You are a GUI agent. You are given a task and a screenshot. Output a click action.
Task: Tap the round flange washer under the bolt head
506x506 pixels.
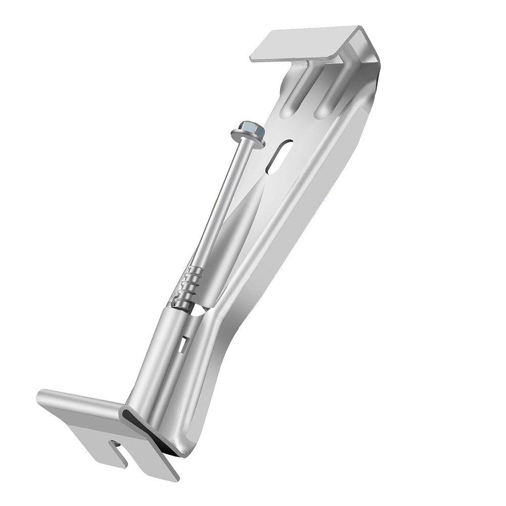pyautogui.click(x=247, y=140)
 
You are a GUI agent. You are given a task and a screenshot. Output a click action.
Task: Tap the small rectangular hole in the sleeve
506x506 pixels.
pyautogui.click(x=182, y=344)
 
